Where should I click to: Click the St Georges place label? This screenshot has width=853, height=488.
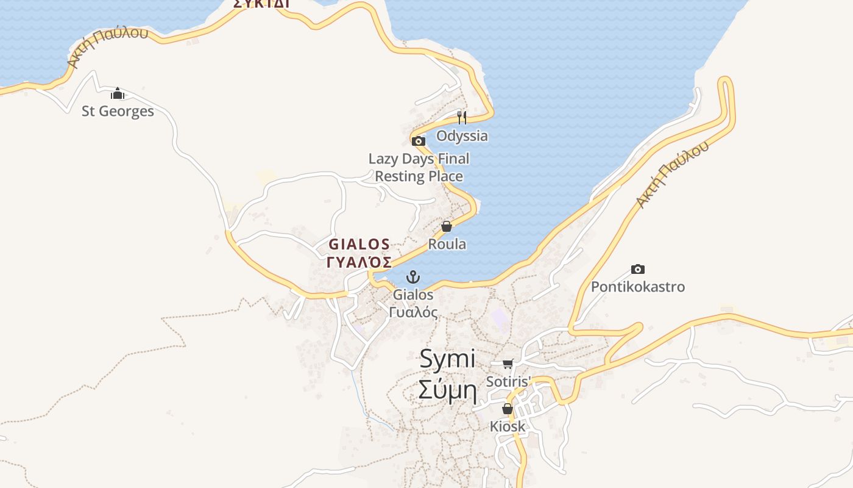tap(118, 111)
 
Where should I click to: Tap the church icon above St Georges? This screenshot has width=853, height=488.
tap(118, 94)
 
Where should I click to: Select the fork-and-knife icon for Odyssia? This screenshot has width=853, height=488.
tap(462, 117)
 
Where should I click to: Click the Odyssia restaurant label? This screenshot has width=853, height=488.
tap(462, 135)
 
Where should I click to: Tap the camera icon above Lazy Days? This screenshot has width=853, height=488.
tap(418, 142)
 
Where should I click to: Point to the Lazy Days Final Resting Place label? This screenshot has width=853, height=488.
tap(419, 167)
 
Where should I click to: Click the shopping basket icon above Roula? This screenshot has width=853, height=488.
tap(447, 226)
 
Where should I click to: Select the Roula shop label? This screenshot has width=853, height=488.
tap(447, 244)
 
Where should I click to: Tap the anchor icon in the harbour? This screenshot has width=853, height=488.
tap(413, 278)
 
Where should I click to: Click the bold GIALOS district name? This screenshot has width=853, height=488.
tap(359, 245)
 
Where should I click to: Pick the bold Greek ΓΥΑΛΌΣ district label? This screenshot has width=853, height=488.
tap(359, 263)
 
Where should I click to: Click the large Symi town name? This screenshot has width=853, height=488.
tap(447, 359)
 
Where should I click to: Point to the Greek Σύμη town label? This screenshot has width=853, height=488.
tap(447, 389)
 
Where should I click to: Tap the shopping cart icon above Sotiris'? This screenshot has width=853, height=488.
tap(508, 364)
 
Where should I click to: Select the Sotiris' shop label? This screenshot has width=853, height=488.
tap(509, 381)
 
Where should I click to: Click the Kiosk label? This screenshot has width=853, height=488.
tap(508, 426)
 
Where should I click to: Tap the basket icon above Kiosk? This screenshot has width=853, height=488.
tap(507, 409)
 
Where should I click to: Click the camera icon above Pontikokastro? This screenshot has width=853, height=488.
tap(638, 269)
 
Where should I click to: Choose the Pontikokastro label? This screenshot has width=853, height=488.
tap(638, 287)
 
